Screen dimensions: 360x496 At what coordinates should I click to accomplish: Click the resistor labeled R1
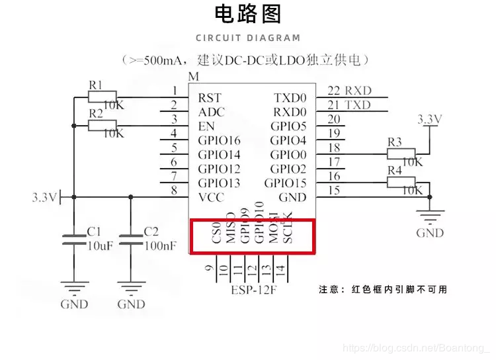pos(102,97)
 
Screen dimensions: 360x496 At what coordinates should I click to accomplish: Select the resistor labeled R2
pos(102,125)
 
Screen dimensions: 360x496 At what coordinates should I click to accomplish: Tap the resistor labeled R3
pos(401,154)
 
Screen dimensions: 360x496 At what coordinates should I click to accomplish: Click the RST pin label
pos(209,98)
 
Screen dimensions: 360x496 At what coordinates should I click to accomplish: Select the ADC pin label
pos(211,112)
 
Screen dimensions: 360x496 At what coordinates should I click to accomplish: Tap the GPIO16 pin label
pos(219,140)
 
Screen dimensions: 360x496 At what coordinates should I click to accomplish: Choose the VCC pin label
pos(211,197)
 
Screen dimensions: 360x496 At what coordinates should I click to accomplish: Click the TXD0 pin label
pos(290,98)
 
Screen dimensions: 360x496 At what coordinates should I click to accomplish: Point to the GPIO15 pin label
pos(286,183)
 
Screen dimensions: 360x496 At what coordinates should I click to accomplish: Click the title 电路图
pos(248,14)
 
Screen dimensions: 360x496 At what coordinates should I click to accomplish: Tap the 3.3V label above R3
pos(429,119)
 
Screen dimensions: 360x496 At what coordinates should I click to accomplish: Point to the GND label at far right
pos(430,233)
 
